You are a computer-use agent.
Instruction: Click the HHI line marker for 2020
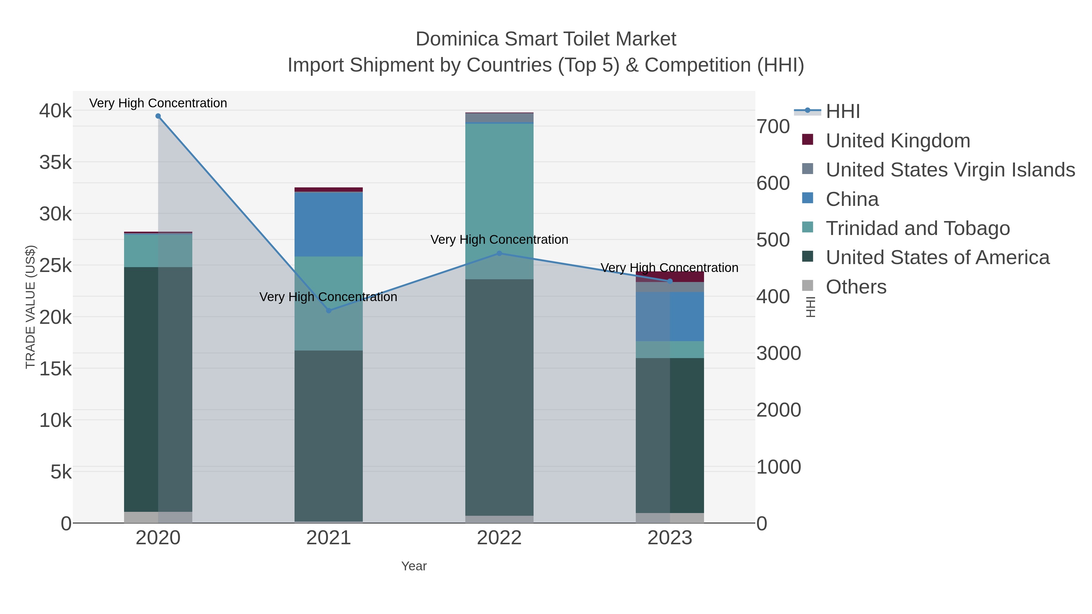coord(158,116)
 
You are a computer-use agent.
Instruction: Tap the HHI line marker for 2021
coord(329,310)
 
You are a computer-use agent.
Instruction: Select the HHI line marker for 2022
coord(499,253)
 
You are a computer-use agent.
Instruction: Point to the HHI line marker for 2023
coord(670,281)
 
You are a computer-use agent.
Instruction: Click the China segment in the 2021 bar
coord(329,225)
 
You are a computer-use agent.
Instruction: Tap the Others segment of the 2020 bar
coord(158,517)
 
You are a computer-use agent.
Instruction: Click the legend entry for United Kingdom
coord(898,141)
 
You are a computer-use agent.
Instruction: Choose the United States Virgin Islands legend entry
coord(949,170)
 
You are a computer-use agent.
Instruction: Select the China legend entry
coord(852,199)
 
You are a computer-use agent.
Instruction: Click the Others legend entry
coord(855,287)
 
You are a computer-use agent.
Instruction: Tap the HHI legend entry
coord(842,112)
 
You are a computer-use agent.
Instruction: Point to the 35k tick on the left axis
coord(56,162)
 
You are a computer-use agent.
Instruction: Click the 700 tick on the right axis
coord(773,127)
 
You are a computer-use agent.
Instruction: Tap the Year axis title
coord(414,566)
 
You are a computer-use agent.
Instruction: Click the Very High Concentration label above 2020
coord(158,103)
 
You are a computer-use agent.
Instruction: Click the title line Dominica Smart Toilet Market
coord(546,39)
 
